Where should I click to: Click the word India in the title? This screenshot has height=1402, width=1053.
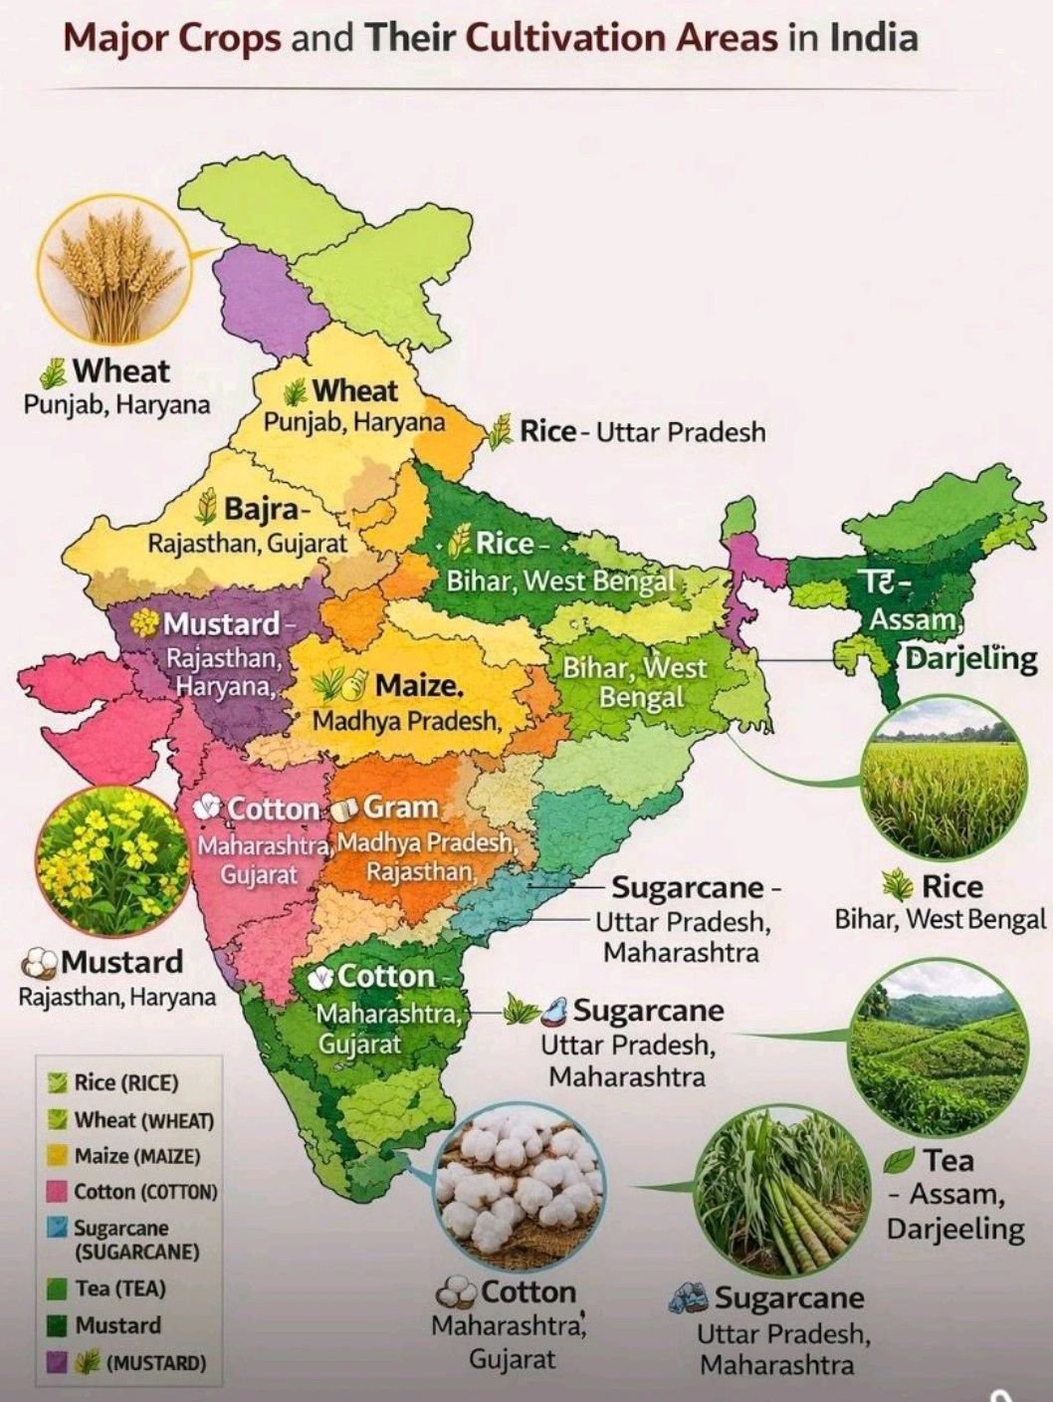coord(873,38)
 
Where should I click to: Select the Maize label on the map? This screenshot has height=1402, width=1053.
coord(418,685)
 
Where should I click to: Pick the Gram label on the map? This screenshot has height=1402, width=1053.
coord(400,807)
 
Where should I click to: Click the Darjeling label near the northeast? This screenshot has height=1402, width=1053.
coord(970,658)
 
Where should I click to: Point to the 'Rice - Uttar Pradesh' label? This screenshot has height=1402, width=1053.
coord(642,432)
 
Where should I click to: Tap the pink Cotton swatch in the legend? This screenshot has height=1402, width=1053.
coord(58,1192)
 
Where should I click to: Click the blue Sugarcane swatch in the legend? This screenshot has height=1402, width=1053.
coord(58,1229)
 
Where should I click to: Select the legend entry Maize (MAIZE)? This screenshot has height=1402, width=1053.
coord(136,1156)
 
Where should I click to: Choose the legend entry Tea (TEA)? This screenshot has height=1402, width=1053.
coord(119,1288)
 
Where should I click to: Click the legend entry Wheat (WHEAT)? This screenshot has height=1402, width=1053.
coord(143,1120)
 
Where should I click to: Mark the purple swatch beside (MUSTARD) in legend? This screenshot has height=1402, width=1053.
coord(58,1362)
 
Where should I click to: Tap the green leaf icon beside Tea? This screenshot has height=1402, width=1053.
coord(900,1161)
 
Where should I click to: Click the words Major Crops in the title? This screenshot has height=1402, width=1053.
coord(174,38)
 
